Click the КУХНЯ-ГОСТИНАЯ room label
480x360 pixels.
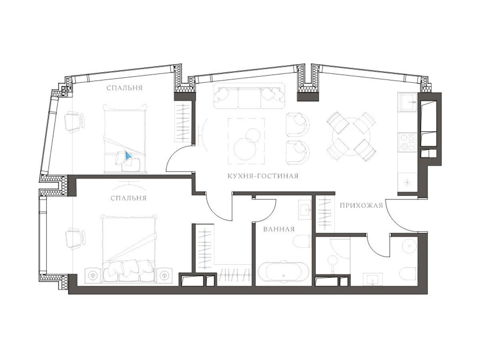click(x=263, y=176)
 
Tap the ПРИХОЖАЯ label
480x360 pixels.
click(x=362, y=206)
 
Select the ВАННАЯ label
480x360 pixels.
click(x=279, y=229)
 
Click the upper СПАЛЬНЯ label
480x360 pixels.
click(x=125, y=88)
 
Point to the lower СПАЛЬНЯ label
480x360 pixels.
click(x=128, y=198)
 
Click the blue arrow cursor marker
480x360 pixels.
click(x=128, y=156)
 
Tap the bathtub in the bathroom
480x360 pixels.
click(x=284, y=272)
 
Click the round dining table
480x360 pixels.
click(x=351, y=136)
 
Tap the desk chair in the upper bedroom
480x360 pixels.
click(x=74, y=122)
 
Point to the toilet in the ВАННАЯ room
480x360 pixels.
click(x=302, y=241)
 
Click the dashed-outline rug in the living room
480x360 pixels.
click(x=246, y=141)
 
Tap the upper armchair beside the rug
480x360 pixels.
click(x=298, y=124)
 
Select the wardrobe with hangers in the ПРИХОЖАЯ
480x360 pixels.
click(x=324, y=214)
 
